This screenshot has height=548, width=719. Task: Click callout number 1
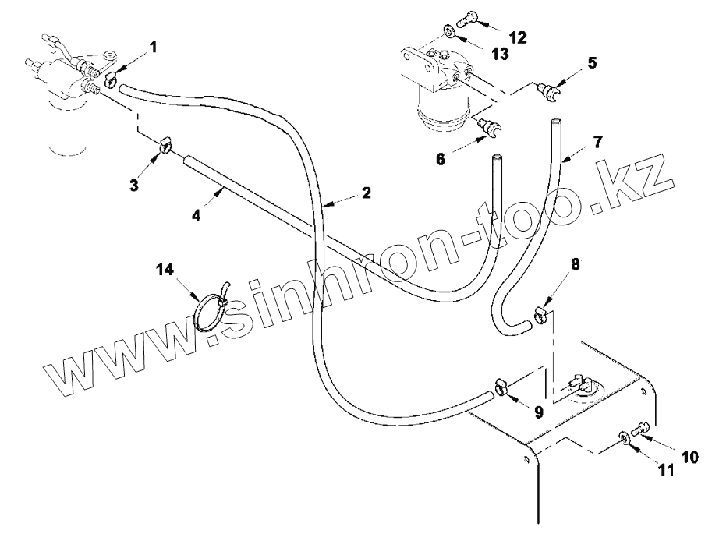(x=153, y=48)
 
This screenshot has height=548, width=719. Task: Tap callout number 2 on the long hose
(x=365, y=193)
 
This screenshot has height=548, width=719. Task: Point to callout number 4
(x=197, y=216)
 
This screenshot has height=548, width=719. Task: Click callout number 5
(x=592, y=63)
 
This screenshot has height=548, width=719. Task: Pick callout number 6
(x=441, y=158)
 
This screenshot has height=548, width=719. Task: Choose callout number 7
(x=597, y=142)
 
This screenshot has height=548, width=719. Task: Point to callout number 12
(x=517, y=37)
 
